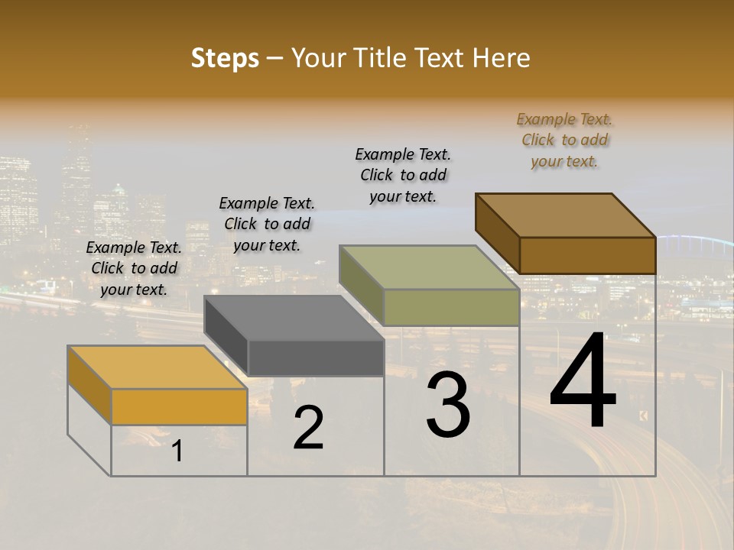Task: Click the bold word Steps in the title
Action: coord(225,58)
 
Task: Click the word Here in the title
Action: coord(502,58)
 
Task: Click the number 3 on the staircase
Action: coord(448,405)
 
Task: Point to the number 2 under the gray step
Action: coord(308,428)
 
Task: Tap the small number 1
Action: coord(177,451)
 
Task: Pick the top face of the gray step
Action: coord(294,318)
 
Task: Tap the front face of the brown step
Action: coord(587,255)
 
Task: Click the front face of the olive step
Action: coord(451,307)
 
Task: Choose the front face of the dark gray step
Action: coord(316,357)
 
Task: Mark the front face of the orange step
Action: coord(179,406)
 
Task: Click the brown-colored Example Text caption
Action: coord(564,140)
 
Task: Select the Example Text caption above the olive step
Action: coord(404,175)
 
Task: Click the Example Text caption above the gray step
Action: coord(267,224)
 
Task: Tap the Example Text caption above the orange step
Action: coord(134,268)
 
